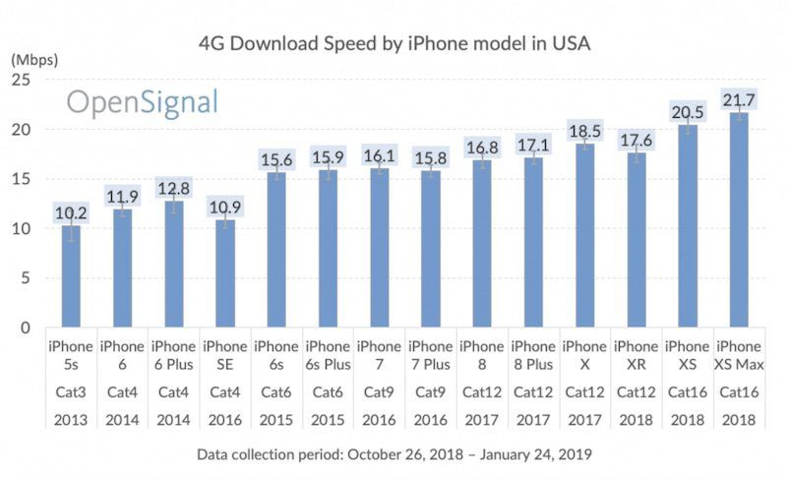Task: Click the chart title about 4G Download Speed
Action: tap(394, 44)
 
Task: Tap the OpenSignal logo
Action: tap(142, 103)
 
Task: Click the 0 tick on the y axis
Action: tap(30, 328)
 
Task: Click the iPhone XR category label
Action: tap(636, 356)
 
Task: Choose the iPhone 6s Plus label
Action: tap(327, 356)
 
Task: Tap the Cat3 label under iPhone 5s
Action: tap(70, 391)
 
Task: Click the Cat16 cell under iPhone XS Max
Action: tap(739, 391)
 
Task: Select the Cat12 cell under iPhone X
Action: tap(584, 391)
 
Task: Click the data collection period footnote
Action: tap(393, 454)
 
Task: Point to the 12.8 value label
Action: tap(173, 189)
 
